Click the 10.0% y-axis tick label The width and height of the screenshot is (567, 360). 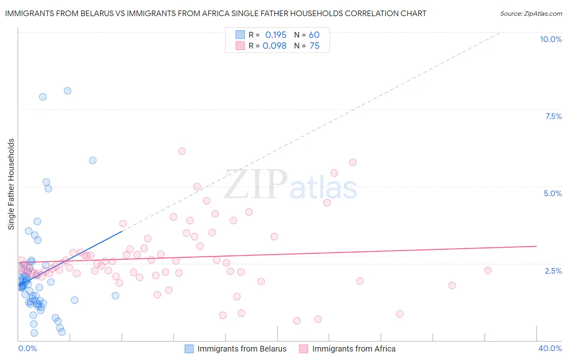tap(551, 39)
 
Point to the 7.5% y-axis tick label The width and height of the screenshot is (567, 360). tap(553, 116)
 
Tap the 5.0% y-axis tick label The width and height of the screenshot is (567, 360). tap(552, 193)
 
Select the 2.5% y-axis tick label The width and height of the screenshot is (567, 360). tap(553, 271)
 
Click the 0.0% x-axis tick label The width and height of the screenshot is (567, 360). tap(27, 348)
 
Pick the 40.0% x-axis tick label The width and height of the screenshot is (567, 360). tap(550, 348)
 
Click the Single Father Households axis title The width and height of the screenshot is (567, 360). tap(11, 184)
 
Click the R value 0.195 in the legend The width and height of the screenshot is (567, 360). tap(276, 35)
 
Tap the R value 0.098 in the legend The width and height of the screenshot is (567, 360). tap(275, 46)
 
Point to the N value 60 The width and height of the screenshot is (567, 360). tap(314, 35)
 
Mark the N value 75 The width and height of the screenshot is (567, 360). tap(315, 46)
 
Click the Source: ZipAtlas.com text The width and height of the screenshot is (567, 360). tap(531, 14)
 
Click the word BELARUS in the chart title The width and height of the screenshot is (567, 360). tap(92, 14)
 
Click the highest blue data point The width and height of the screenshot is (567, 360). tap(67, 91)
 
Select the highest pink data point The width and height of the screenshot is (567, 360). tap(182, 151)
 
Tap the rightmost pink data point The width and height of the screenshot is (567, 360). tap(488, 270)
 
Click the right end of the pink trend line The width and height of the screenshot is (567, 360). tap(536, 246)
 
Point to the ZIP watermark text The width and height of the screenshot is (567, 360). tap(256, 185)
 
